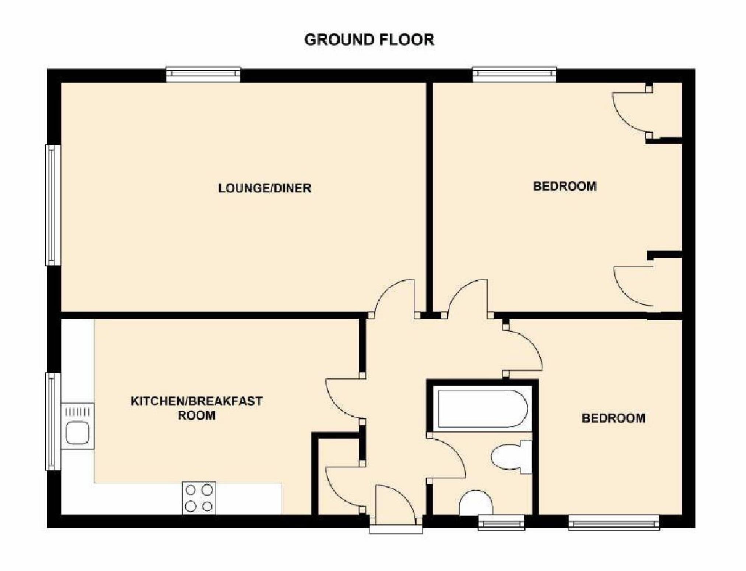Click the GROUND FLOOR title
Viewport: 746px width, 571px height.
coord(369,39)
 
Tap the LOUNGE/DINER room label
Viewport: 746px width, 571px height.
coord(265,188)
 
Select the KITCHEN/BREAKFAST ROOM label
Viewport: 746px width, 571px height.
coord(196,408)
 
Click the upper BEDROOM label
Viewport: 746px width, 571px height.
coord(565,186)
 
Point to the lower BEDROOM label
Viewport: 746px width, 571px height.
coord(613,418)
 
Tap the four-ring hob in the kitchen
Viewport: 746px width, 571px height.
coord(199,497)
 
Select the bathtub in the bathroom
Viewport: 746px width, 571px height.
coord(483,409)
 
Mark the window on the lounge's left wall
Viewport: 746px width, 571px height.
coord(53,205)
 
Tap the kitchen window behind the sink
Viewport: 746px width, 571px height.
coord(53,421)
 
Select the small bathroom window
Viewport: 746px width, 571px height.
coord(501,522)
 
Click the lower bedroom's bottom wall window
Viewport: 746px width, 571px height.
coord(613,522)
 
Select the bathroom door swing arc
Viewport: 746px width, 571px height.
coord(448,457)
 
